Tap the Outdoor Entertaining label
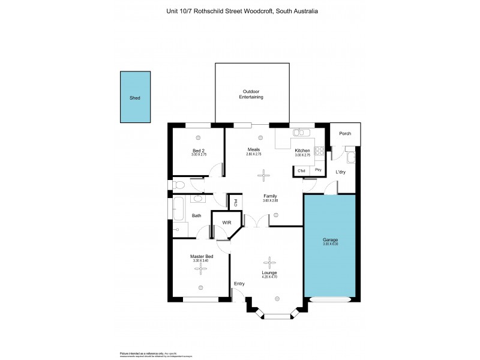(251, 94)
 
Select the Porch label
(345, 134)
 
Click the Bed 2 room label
(199, 150)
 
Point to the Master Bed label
(199, 257)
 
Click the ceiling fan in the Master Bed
(199, 268)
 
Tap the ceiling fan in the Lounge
(269, 262)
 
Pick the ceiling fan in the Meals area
(263, 175)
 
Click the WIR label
(227, 223)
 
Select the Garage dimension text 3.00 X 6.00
(331, 244)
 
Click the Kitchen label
(302, 150)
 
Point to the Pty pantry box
(318, 170)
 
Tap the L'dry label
(341, 172)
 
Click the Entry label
(239, 284)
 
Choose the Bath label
(196, 215)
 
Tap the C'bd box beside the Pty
(302, 170)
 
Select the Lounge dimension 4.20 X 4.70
(269, 278)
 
